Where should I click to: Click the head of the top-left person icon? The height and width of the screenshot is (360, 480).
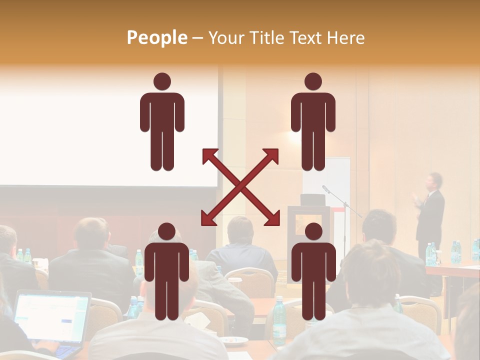coord(162,81)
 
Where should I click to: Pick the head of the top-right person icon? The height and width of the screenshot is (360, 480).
coord(313,81)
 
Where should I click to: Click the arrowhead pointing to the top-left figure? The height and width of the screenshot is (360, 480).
coord(207,153)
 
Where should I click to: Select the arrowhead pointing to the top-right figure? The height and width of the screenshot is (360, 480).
coord(273,153)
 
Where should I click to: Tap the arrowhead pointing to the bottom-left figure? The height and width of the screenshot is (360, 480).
coord(206,220)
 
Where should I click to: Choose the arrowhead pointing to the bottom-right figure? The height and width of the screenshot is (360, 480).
coord(274,220)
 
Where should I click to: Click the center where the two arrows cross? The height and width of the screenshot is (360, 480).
coord(240,187)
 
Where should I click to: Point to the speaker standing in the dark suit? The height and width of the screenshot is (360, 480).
coord(430,210)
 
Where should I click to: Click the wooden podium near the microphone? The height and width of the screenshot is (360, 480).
coord(308,225)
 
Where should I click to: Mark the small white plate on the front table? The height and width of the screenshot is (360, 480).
coord(234,340)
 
